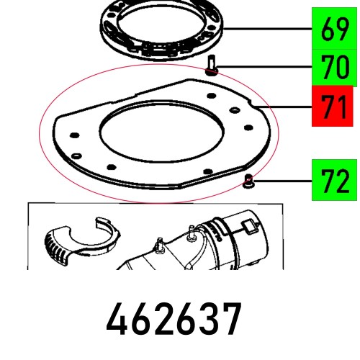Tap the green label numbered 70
[335, 71]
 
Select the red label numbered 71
[335, 108]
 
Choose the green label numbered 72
[335, 181]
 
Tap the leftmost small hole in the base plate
[72, 134]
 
